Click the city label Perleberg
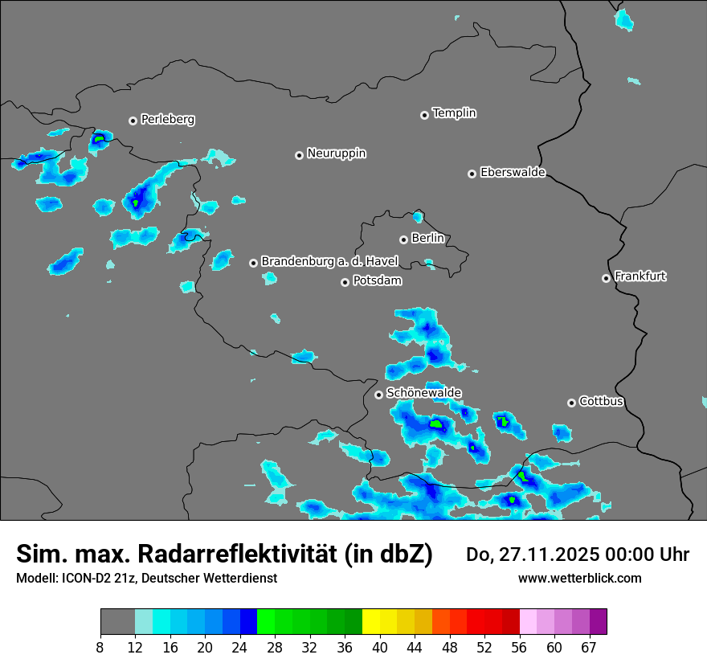167,120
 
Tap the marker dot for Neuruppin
299,155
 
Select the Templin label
454,113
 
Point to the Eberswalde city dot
472,174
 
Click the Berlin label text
427,239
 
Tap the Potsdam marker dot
345,282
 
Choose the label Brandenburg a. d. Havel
329,262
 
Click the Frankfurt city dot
606,279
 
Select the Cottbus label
601,402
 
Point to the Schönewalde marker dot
379,395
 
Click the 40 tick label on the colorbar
380,648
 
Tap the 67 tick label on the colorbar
589,648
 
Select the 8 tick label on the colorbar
100,648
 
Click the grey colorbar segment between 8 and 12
117,622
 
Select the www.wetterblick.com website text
579,578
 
